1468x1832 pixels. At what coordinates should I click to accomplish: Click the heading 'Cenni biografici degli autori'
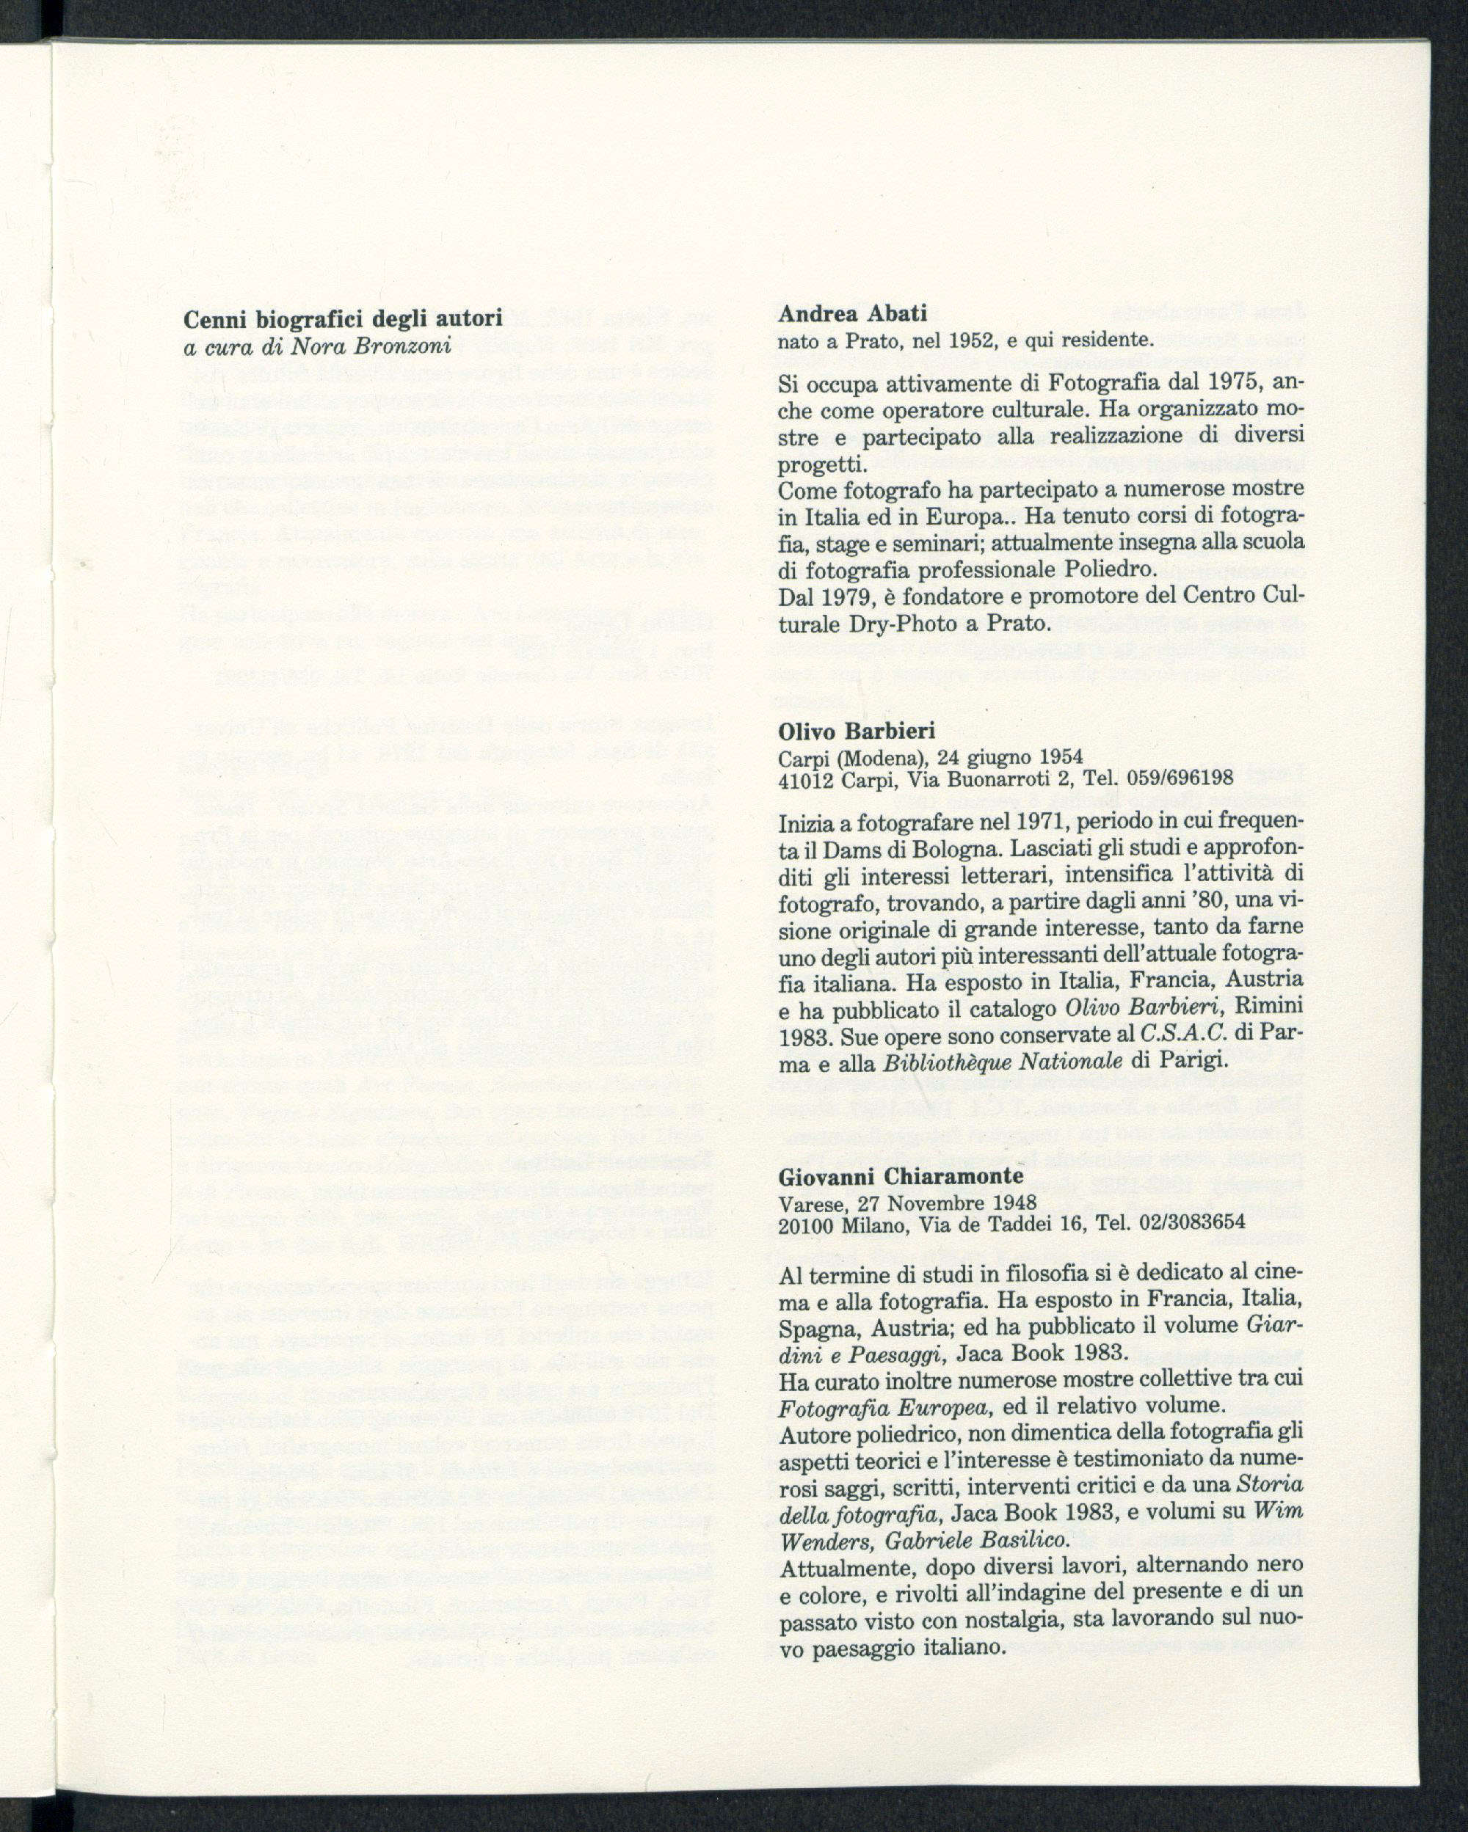point(344,318)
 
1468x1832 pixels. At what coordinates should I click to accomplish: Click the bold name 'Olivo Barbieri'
point(857,731)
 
